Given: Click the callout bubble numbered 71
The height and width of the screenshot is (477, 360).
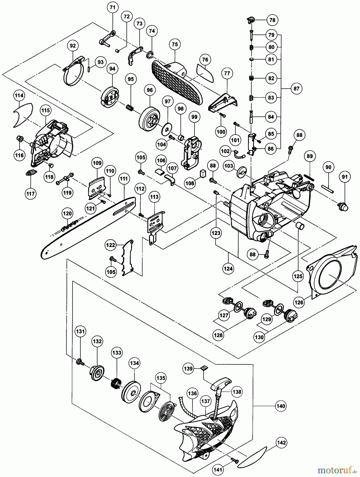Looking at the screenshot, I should point(113,8).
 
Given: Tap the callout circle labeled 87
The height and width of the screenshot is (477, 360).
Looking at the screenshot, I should point(296,88).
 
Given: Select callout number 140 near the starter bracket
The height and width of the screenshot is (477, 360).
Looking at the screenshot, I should point(281,406).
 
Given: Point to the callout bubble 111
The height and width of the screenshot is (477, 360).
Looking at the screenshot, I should point(123,179).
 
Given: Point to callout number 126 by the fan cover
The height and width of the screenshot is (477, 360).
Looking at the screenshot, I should point(299,302).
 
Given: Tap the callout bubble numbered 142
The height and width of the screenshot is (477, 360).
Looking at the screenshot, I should point(282,443).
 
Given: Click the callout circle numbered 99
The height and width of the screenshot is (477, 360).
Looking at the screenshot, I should point(194,117).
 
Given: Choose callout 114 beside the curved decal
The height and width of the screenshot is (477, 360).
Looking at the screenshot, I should point(19,96).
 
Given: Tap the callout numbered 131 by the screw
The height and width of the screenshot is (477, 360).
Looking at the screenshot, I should point(80,331).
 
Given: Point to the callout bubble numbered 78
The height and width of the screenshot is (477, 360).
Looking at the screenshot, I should point(272,20).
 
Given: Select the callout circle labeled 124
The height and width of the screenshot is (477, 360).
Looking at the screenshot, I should point(228,268).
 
